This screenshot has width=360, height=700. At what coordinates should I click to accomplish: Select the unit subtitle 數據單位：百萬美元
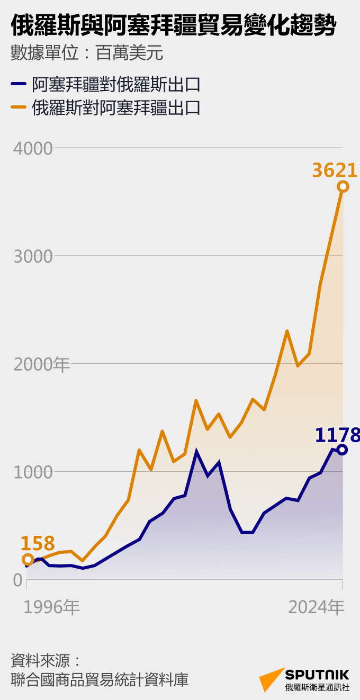86,53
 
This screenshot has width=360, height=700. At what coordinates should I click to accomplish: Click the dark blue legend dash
19,84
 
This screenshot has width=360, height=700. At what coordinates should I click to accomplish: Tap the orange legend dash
19,107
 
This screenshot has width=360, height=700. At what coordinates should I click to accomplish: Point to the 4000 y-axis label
33,148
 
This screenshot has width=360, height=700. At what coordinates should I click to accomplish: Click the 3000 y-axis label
33,256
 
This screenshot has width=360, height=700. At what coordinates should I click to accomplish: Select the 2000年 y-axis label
41,364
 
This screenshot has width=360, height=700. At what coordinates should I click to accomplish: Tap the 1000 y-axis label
33,472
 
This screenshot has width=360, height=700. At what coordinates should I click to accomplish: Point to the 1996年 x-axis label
52,607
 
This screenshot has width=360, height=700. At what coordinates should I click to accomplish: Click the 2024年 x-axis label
316,607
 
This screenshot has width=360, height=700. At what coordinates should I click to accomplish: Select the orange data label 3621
335,170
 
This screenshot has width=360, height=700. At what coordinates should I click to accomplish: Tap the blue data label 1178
337,435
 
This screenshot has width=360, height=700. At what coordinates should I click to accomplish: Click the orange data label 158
38,544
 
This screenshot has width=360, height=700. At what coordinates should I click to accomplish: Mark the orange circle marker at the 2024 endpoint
343,186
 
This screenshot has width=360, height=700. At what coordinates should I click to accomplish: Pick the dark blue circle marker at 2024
343,450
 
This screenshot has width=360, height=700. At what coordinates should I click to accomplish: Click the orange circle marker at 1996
28,560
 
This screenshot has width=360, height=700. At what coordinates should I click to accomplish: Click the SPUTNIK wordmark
317,675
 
